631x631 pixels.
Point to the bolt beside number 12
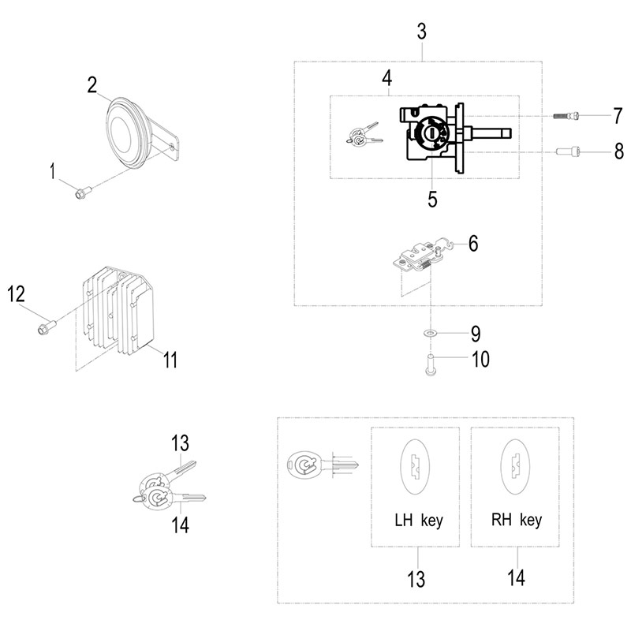(x=46, y=323)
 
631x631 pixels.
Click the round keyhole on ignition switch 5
(x=429, y=133)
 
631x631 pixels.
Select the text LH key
(x=419, y=521)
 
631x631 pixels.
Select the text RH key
(x=516, y=521)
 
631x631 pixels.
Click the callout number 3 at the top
(x=421, y=32)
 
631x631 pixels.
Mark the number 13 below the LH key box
(x=418, y=580)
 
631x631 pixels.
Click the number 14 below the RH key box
(x=516, y=580)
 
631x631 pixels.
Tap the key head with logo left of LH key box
(x=304, y=466)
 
